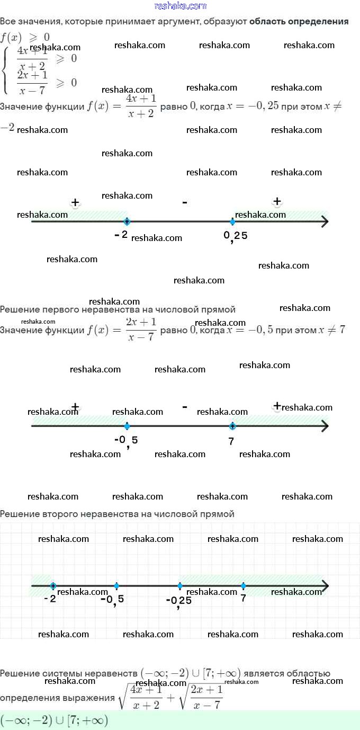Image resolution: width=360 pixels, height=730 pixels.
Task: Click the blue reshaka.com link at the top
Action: (x=180, y=6)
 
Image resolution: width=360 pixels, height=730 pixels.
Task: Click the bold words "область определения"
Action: (x=299, y=22)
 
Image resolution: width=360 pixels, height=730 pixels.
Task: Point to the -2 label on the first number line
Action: (x=121, y=234)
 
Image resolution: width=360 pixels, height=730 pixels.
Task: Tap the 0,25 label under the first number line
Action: (x=235, y=236)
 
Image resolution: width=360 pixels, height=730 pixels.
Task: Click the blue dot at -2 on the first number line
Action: (x=127, y=221)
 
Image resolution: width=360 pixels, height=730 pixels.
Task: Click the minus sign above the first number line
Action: (x=184, y=202)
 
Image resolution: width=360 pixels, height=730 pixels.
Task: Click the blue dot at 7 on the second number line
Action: (x=232, y=426)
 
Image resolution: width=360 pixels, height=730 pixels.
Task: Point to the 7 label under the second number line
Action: (x=231, y=441)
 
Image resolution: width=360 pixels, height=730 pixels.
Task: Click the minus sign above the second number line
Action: (x=184, y=406)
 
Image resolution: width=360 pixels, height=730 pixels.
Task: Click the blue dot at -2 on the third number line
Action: (x=53, y=586)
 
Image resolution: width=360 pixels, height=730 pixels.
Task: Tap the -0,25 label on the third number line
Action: (x=178, y=601)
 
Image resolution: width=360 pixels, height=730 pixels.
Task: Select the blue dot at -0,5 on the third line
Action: (x=116, y=586)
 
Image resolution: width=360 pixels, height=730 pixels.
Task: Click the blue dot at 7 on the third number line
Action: (x=243, y=586)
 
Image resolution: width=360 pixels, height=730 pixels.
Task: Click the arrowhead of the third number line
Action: (x=324, y=586)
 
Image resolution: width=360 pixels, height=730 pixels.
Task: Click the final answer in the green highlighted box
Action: (x=55, y=720)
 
